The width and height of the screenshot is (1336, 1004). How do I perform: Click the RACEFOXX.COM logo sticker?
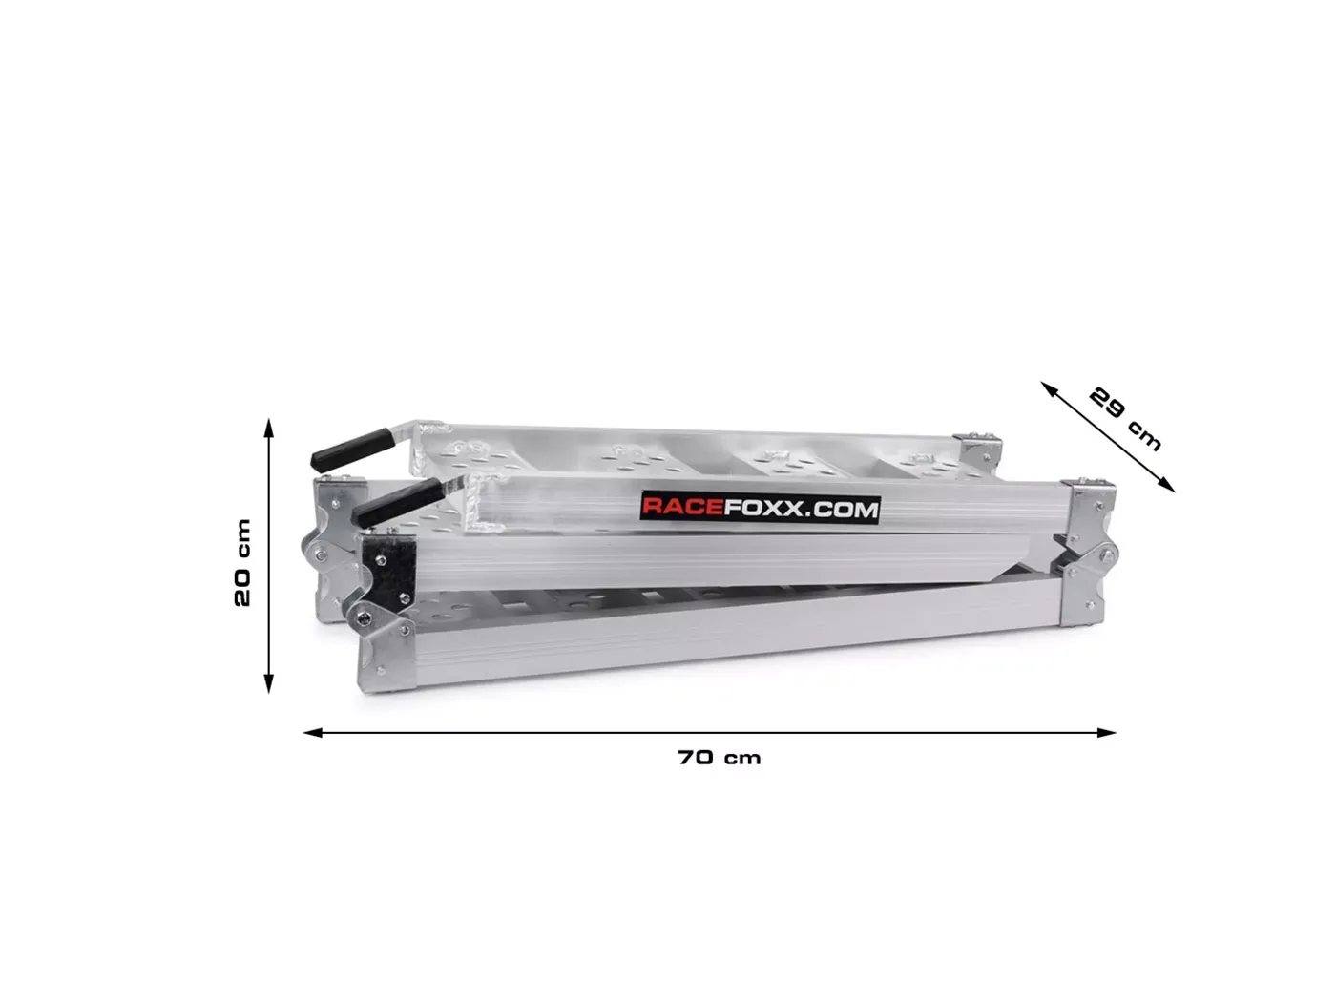759,508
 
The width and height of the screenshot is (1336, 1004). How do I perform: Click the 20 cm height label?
242,562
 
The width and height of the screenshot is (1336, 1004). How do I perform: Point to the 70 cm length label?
720,758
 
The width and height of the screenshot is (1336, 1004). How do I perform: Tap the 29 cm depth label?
1126,418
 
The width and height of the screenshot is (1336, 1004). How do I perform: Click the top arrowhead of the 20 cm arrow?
269,428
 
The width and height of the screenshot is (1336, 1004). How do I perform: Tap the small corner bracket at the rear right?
982,447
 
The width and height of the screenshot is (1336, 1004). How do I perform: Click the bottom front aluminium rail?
735,639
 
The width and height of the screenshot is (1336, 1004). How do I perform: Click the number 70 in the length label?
696,758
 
